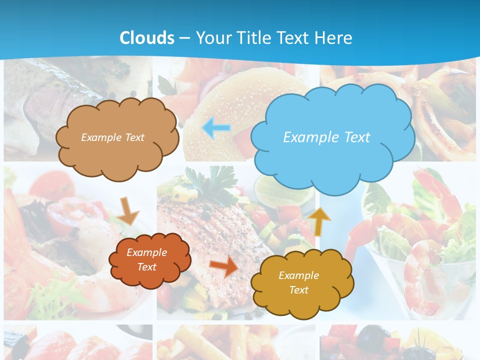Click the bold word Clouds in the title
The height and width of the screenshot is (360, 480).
click(x=147, y=38)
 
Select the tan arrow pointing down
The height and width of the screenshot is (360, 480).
click(x=128, y=210)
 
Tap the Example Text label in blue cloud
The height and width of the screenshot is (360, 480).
click(x=326, y=137)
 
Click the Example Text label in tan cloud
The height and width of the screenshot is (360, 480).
click(x=112, y=137)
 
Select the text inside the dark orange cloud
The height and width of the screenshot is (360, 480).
click(x=146, y=259)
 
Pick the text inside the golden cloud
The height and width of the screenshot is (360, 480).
click(x=298, y=282)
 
